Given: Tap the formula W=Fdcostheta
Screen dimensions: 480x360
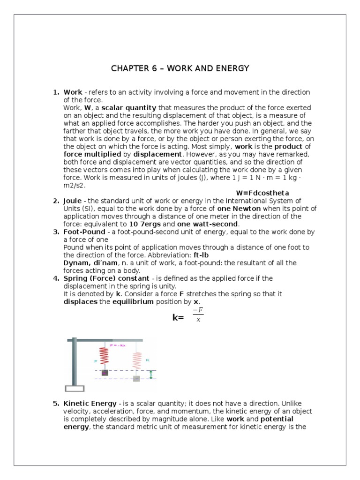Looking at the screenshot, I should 262,193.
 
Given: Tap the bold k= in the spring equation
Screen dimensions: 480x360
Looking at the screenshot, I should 178,318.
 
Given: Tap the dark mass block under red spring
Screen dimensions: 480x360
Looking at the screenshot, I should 105,373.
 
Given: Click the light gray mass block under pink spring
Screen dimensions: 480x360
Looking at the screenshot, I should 136,378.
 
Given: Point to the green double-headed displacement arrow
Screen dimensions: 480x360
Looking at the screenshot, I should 150,375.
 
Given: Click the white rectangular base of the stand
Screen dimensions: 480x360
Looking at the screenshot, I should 75,388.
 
